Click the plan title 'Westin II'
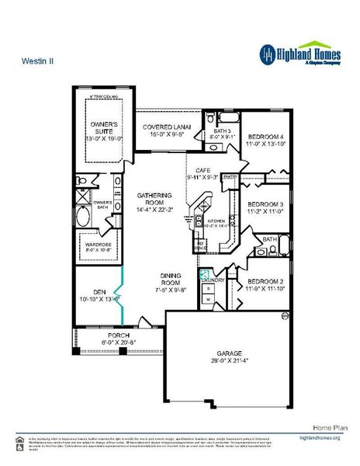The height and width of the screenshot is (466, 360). point(33,58)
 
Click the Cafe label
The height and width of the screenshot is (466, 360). point(203,173)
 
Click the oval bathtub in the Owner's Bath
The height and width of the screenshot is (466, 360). point(83,218)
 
